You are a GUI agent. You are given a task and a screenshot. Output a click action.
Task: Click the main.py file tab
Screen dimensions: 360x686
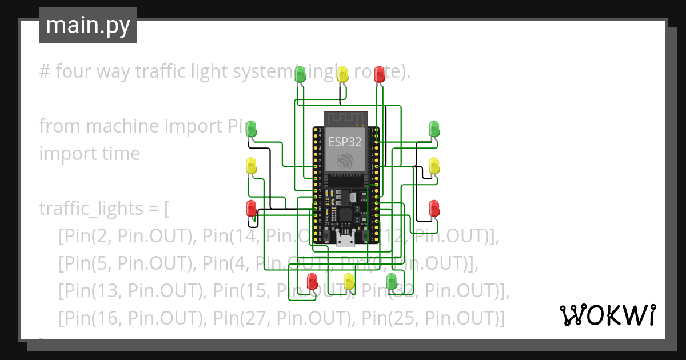tap(87, 25)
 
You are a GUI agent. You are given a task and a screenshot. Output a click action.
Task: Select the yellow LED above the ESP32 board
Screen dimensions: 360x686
tap(342, 74)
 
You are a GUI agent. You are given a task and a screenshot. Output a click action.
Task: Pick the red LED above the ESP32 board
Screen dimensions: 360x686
tap(379, 74)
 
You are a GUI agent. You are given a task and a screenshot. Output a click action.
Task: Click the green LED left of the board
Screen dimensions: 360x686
tap(251, 129)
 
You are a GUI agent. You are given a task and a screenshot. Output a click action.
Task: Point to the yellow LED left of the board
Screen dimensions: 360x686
tap(251, 166)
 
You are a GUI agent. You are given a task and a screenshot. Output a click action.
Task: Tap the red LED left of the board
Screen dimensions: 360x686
tap(251, 208)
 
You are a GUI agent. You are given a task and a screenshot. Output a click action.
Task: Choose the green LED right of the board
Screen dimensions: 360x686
tap(434, 129)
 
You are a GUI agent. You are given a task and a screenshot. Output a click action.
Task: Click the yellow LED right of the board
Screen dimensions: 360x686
tap(434, 166)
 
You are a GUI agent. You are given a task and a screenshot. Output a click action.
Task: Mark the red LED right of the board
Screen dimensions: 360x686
tap(434, 208)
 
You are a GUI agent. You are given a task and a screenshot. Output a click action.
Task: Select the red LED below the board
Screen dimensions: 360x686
tap(312, 281)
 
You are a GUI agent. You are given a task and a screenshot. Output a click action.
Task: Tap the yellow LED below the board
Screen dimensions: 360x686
tap(349, 281)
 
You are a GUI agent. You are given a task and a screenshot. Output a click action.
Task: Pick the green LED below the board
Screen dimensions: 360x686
tap(392, 281)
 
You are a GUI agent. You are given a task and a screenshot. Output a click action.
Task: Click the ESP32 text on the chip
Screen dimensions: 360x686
tap(345, 142)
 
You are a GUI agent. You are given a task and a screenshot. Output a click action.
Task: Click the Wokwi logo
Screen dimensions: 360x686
tap(607, 315)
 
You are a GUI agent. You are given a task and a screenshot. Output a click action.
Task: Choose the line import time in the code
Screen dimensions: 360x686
tap(89, 154)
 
